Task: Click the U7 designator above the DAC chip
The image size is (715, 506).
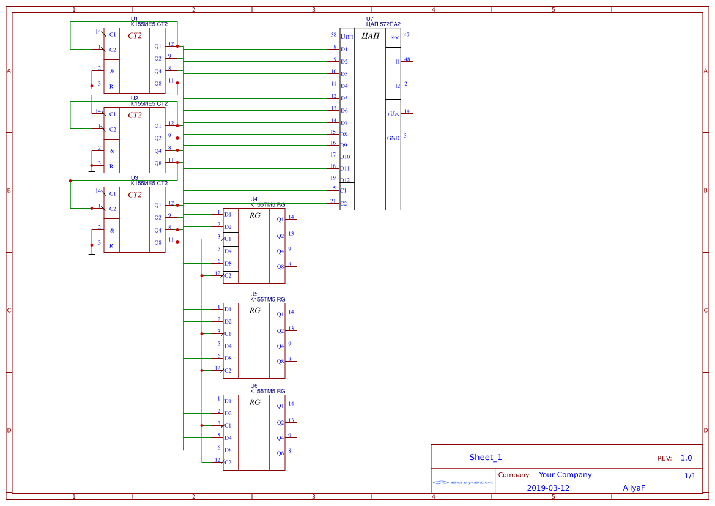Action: coord(369,19)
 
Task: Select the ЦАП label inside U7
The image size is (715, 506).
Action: coord(371,36)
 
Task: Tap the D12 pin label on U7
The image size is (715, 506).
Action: coord(345,180)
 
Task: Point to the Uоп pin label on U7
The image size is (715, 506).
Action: coord(347,37)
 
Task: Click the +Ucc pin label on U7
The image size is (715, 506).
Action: coord(393,114)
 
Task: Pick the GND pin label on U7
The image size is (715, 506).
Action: coord(393,138)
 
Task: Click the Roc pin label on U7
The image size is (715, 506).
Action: coord(395,37)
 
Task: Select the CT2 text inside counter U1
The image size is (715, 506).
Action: coord(135,36)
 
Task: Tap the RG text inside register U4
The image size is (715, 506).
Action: coord(254,216)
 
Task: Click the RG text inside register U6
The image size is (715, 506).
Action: coord(254,403)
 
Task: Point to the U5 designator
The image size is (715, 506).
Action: coord(254,294)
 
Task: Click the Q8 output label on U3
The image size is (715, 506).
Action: coord(158,243)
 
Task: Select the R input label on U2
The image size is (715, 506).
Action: coord(111,166)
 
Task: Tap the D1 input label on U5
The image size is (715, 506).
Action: coord(228,310)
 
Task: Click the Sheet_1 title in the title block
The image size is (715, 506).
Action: coord(486,458)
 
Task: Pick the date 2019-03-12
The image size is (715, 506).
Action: coord(547,488)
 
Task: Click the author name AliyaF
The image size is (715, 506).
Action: coord(634,488)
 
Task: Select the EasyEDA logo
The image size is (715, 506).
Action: coord(463,483)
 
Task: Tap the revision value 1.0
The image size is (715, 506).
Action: coord(686,458)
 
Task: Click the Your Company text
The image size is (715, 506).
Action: coord(565,475)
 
